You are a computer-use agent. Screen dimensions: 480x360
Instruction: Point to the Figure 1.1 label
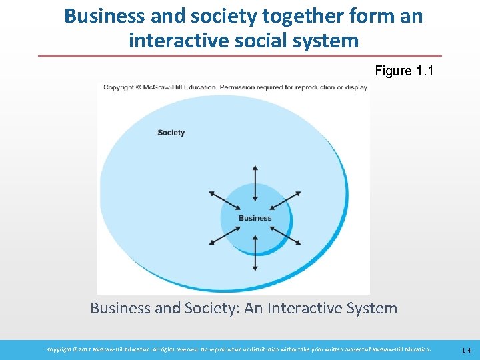tap(404, 71)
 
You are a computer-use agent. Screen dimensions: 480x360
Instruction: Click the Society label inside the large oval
tap(171, 132)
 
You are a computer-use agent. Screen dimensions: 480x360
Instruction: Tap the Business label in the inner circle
tap(255, 218)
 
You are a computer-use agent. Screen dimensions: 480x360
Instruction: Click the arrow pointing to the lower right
tap(287, 236)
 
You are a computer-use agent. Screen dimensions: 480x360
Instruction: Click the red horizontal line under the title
tap(240, 55)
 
